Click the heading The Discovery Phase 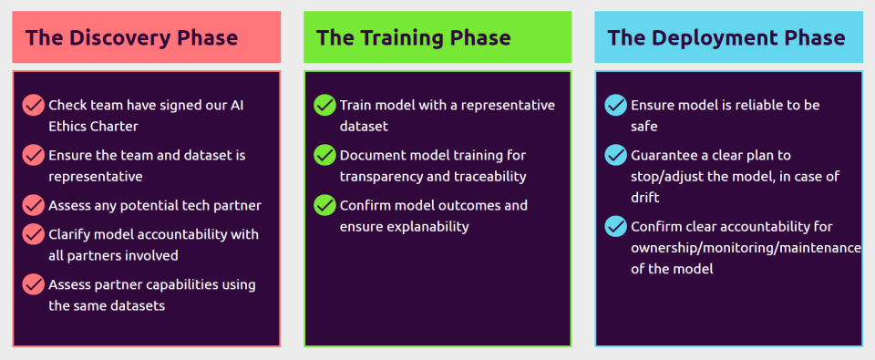[x=131, y=38]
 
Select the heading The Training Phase [x=414, y=38]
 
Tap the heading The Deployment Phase [x=726, y=38]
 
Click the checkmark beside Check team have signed [x=34, y=105]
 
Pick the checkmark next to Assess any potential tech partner [x=34, y=205]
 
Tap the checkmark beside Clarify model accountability [x=34, y=234]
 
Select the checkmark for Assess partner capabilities [x=34, y=284]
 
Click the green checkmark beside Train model [x=324, y=105]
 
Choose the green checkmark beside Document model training [x=324, y=155]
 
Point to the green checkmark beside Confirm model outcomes [x=324, y=205]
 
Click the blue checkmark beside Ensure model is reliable [x=616, y=105]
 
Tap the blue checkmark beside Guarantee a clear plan [x=616, y=155]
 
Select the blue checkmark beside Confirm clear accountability [x=616, y=227]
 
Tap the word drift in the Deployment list [x=645, y=198]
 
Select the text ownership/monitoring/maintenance [x=746, y=248]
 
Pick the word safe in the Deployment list [x=644, y=127]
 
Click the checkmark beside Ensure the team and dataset [x=34, y=155]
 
